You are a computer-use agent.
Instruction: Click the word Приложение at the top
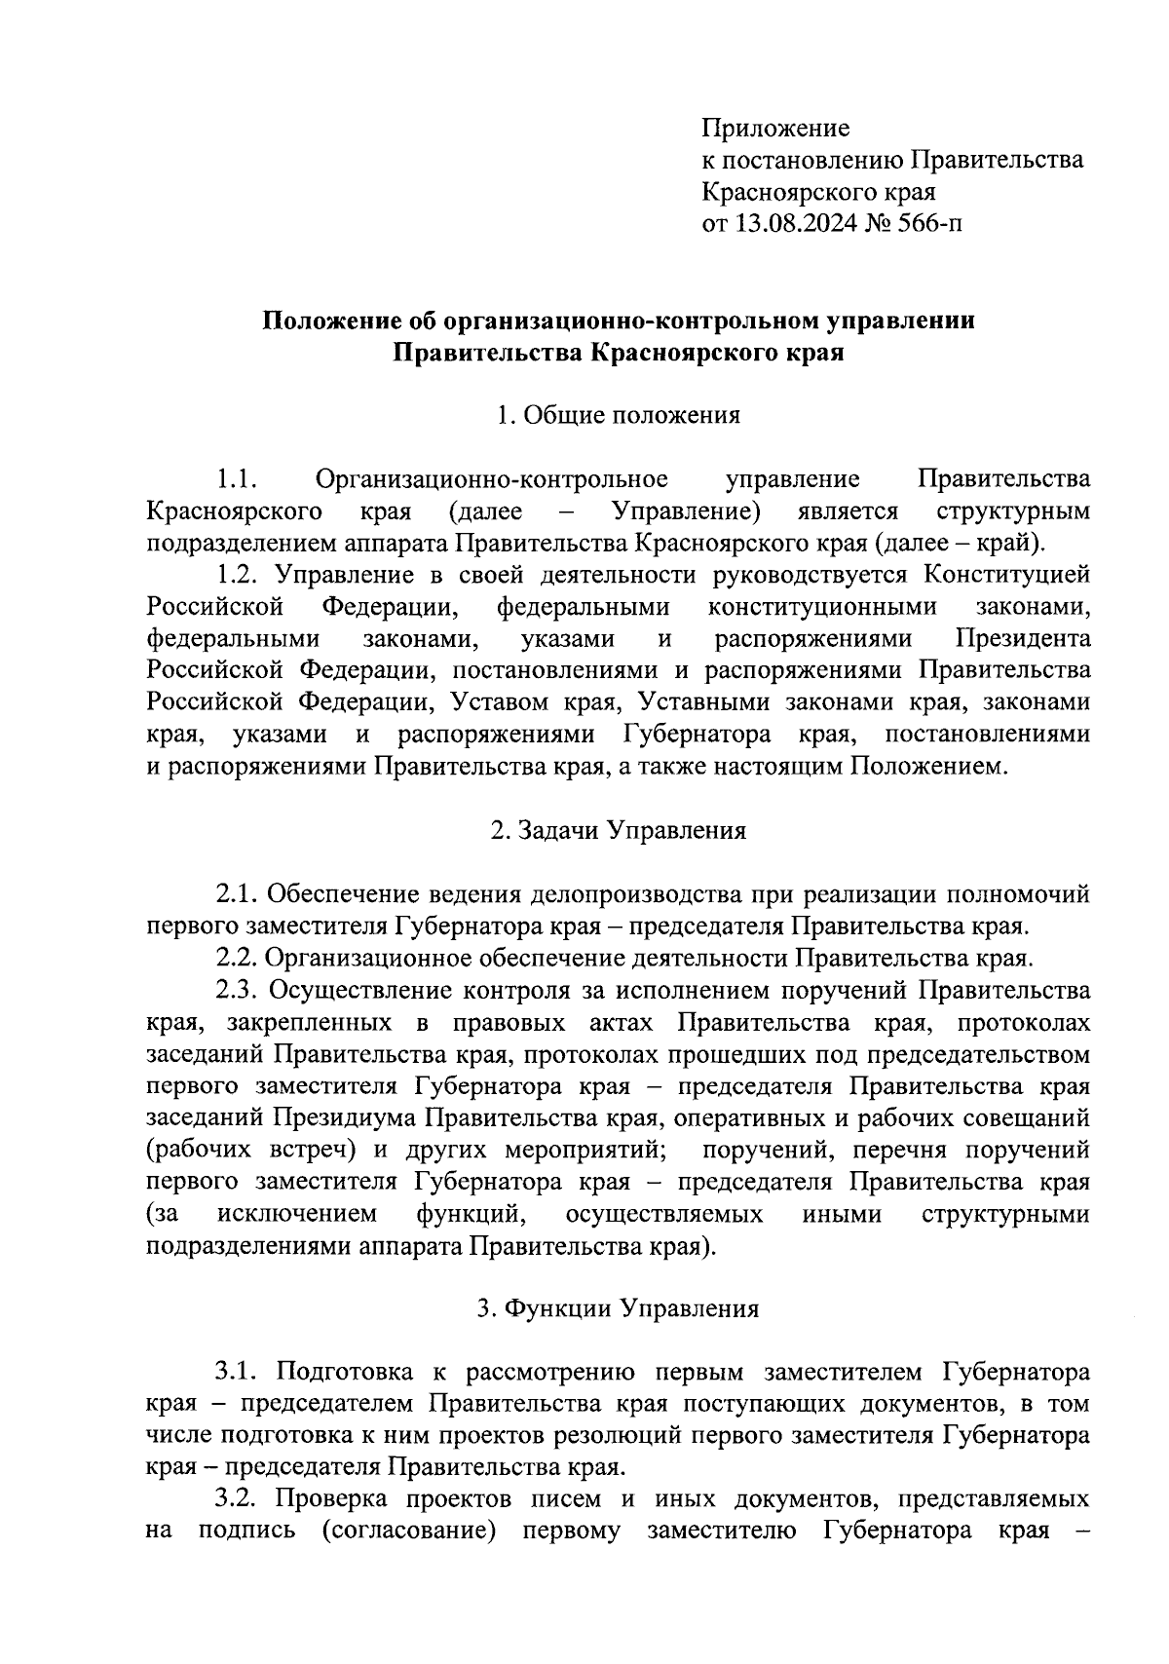[x=775, y=128]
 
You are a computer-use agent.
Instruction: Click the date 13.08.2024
[x=798, y=224]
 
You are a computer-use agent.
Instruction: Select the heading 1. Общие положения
[x=618, y=415]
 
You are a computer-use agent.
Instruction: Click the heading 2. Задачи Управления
[x=618, y=830]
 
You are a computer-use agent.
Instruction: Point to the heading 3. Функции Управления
[x=618, y=1308]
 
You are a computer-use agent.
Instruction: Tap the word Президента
[x=1023, y=639]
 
